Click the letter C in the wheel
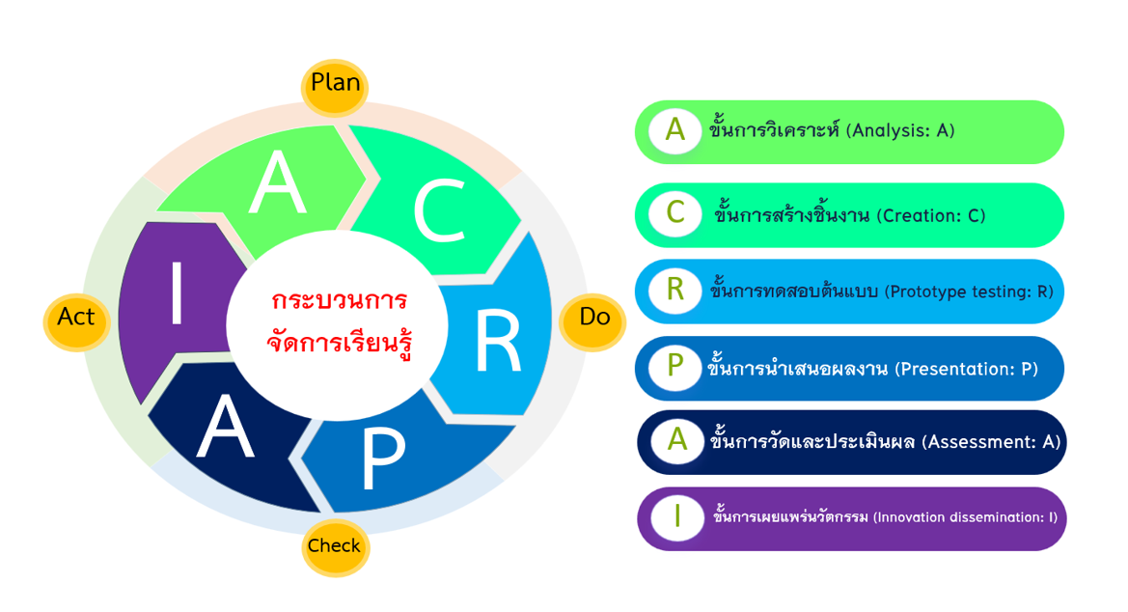coord(440,211)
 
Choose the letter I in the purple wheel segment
coord(177,293)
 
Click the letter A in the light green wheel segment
coord(278,182)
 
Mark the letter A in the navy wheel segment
coord(225,429)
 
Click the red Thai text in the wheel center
coord(339,322)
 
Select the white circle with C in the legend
coord(674,213)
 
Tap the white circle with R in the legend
coord(674,291)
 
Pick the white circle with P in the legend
coord(674,367)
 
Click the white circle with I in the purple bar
coord(677,517)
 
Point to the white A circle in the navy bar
coord(677,440)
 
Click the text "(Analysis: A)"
coord(900,131)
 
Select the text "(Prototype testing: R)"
coord(969,292)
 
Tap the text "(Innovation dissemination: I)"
coord(966,517)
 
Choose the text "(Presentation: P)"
coord(967,370)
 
